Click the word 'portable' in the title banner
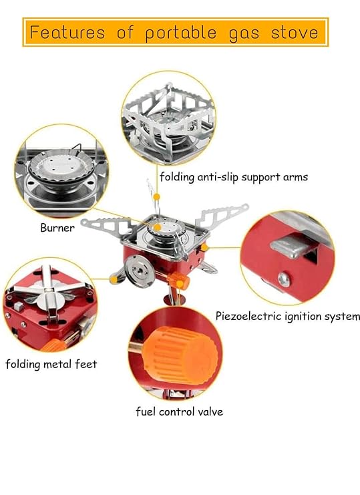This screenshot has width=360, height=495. [x=181, y=33]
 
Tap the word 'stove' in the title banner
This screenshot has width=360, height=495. [x=295, y=32]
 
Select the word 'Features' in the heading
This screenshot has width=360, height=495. [x=67, y=32]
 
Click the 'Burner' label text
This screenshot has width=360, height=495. [x=57, y=228]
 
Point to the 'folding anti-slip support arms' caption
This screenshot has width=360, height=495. [x=234, y=177]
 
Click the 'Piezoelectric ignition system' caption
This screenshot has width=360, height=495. [x=287, y=316]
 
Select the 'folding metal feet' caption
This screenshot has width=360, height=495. [x=51, y=364]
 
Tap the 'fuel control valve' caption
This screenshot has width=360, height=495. [x=179, y=411]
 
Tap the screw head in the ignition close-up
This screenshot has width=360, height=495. [x=284, y=279]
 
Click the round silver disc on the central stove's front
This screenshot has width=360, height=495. [x=138, y=271]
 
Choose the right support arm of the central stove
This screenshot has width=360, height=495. [x=222, y=214]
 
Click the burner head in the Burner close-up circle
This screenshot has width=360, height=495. [x=61, y=168]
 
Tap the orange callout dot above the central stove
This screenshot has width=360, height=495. [x=156, y=197]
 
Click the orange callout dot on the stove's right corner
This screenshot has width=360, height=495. [x=204, y=247]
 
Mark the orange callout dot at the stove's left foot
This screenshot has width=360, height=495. [x=114, y=279]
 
